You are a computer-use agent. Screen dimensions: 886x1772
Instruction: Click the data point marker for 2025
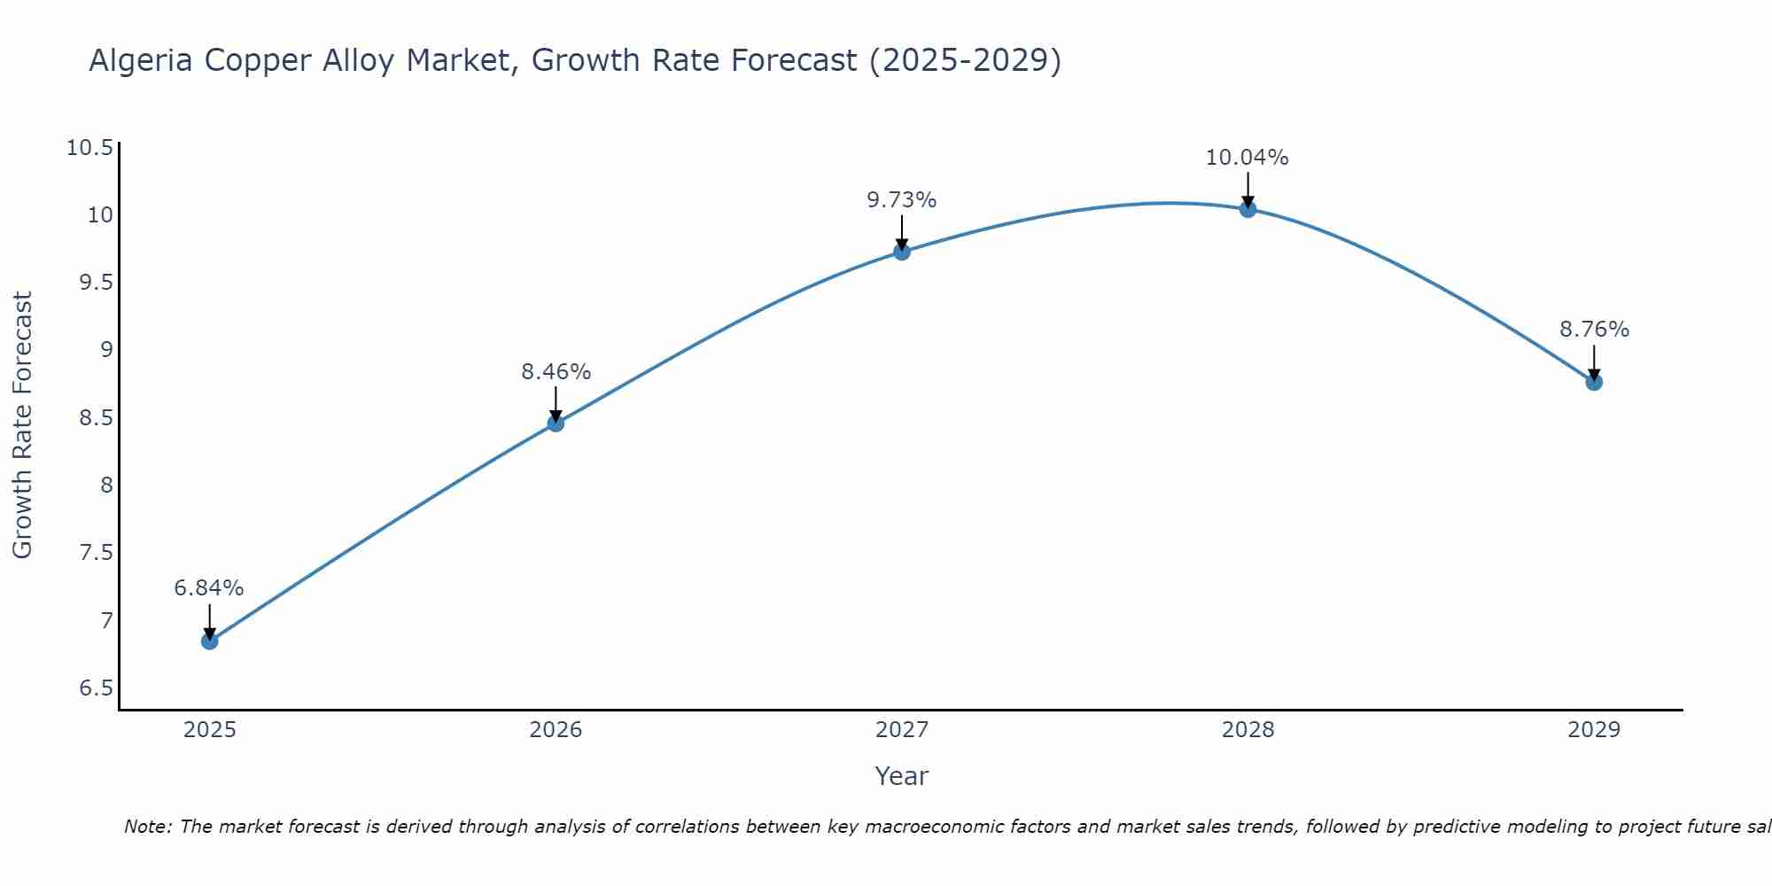210,641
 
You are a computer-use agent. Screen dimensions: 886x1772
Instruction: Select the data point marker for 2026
556,424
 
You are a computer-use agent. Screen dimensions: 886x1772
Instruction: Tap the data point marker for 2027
902,252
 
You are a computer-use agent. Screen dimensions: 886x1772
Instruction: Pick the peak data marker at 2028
1247,209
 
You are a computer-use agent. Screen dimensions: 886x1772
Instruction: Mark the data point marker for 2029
1594,382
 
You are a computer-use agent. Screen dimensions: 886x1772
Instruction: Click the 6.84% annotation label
209,588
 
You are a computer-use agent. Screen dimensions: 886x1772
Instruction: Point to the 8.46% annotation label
556,372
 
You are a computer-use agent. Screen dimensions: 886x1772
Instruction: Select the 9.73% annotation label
901,200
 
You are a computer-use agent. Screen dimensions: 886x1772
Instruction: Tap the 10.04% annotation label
1247,158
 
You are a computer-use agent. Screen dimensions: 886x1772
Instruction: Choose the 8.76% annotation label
1594,330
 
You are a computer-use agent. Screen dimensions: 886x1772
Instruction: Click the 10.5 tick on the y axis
90,148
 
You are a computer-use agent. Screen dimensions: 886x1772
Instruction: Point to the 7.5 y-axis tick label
97,553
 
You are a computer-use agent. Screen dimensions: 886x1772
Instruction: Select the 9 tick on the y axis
107,350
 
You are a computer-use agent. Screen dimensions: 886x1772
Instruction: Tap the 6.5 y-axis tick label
97,688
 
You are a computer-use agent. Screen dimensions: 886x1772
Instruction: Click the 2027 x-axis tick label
902,730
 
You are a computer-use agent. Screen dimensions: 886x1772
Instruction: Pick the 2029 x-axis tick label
1594,730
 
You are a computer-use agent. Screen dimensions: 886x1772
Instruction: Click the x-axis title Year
901,776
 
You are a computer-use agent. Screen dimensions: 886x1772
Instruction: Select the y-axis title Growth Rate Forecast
22,425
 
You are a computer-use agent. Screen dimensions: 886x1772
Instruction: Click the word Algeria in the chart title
141,61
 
